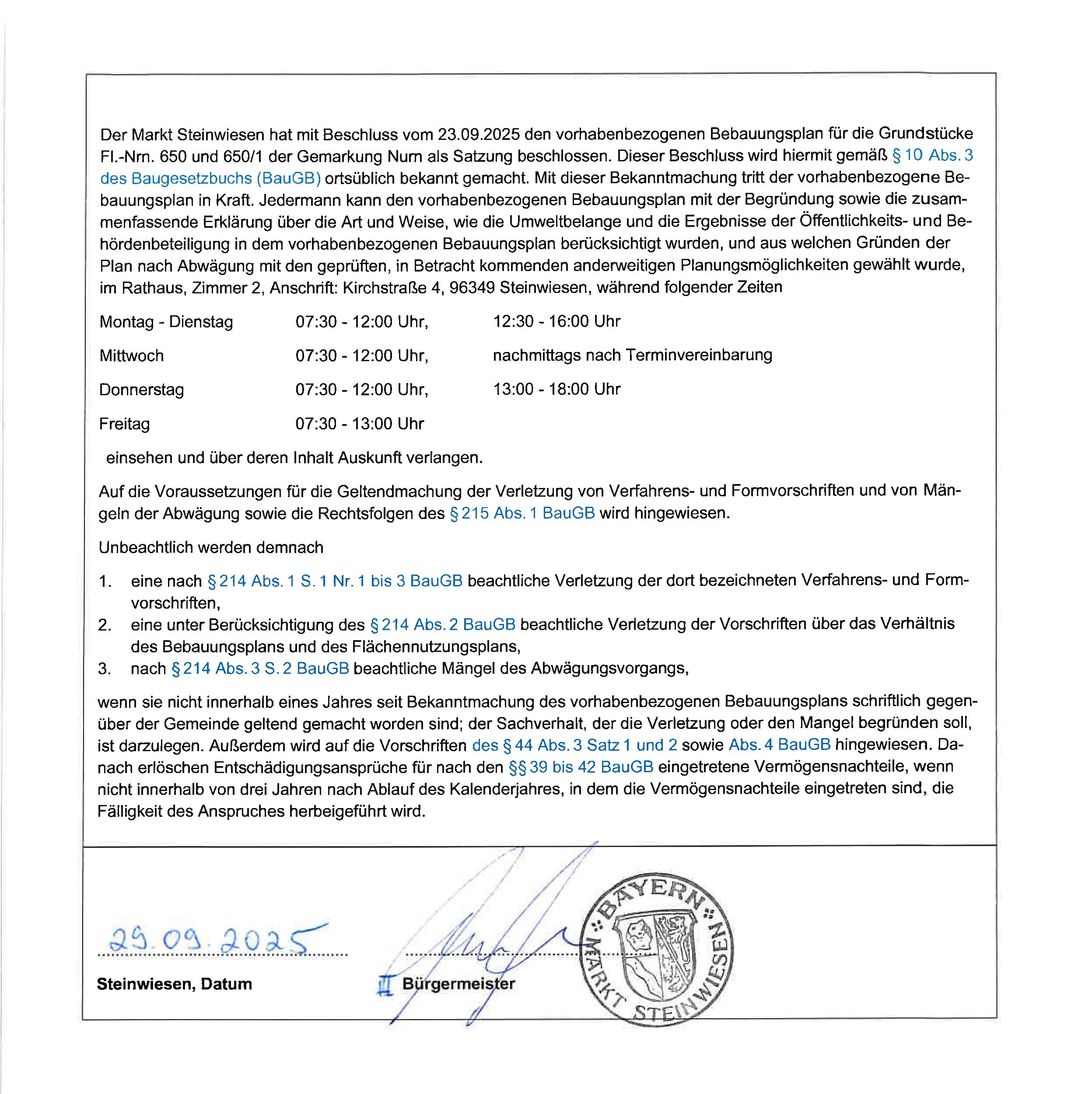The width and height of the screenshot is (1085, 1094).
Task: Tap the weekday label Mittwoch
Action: [x=131, y=355]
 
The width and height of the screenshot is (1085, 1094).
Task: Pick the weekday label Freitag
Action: [x=125, y=424]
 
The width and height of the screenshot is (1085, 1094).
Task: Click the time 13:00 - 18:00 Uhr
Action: [x=556, y=389]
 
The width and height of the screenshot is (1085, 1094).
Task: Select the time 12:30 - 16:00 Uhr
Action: [x=556, y=321]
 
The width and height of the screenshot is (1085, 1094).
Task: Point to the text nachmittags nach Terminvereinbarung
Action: [x=632, y=355]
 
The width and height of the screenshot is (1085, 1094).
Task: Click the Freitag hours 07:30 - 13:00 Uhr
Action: [x=360, y=424]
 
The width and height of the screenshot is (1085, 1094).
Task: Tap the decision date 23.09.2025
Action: [x=479, y=134]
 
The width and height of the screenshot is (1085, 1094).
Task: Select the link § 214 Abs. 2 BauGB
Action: [x=442, y=624]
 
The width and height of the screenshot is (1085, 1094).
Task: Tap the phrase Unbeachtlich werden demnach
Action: [x=211, y=547]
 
